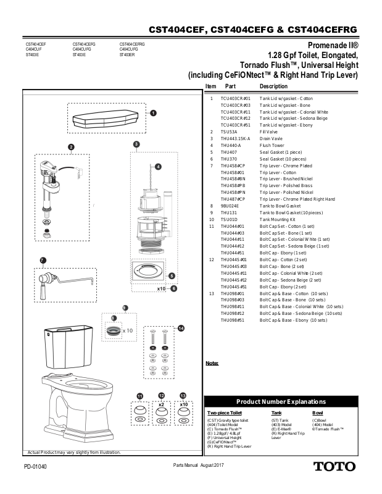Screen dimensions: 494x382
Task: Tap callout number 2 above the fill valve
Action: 71,146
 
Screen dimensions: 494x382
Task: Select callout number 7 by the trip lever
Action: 43,261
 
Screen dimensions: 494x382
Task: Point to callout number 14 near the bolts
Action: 181,329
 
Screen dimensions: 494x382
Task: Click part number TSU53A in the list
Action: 230,132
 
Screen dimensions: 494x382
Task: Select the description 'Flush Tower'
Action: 272,145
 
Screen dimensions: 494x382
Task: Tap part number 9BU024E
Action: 231,206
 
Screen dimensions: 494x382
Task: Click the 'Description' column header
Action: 273,86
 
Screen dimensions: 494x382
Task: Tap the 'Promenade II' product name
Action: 333,45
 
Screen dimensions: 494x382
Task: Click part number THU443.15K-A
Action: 235,138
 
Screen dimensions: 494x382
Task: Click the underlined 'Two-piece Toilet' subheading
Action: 224,412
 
